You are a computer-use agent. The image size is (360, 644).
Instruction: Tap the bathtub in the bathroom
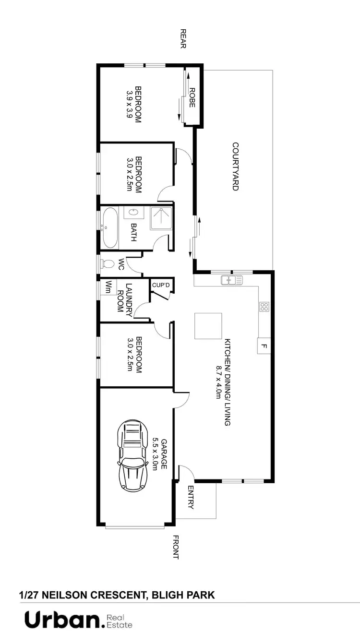coord(110,228)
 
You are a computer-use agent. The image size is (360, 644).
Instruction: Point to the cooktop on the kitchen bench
coord(264,307)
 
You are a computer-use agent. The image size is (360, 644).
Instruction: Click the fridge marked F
coord(264,346)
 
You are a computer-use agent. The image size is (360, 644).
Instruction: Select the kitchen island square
coord(208,326)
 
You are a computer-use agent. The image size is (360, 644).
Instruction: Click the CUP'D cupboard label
coord(161,285)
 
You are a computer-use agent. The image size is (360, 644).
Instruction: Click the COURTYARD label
coord(235,167)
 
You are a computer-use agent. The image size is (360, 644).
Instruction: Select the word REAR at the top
coord(183,39)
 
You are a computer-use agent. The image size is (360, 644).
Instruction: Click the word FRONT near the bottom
coord(175,547)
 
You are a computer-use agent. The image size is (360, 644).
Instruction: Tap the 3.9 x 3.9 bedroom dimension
coord(129,105)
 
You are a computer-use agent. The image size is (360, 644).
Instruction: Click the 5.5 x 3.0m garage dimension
coord(156,454)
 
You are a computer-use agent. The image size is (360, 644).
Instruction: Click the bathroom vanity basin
coord(132,212)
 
